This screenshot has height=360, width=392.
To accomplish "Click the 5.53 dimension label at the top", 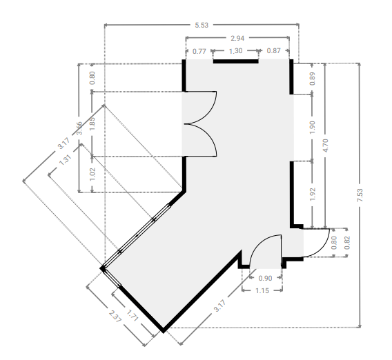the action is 202,25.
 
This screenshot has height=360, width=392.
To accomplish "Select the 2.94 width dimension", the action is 237,38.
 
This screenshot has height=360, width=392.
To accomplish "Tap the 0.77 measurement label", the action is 199,52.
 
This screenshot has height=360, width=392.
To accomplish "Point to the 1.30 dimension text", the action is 235,51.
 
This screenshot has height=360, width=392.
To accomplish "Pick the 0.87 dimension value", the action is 273,51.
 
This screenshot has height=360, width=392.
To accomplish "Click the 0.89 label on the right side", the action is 312,79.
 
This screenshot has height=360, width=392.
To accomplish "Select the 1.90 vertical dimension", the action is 312,128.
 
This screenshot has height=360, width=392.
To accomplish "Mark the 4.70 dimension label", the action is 325,146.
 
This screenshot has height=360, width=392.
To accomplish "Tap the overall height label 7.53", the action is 360,195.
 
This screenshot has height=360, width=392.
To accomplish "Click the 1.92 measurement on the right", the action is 312,194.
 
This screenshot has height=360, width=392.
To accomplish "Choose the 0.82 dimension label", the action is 347,243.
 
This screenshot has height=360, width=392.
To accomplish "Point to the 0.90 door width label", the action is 265,279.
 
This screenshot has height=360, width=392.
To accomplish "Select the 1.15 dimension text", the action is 262,291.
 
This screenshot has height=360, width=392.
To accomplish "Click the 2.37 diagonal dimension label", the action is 115,316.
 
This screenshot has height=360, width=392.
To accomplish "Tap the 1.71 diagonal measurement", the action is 133,315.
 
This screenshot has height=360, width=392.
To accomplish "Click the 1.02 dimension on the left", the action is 92,174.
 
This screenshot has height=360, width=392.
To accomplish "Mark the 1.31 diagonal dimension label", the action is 66,160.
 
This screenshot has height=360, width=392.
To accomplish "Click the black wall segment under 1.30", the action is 235,61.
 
